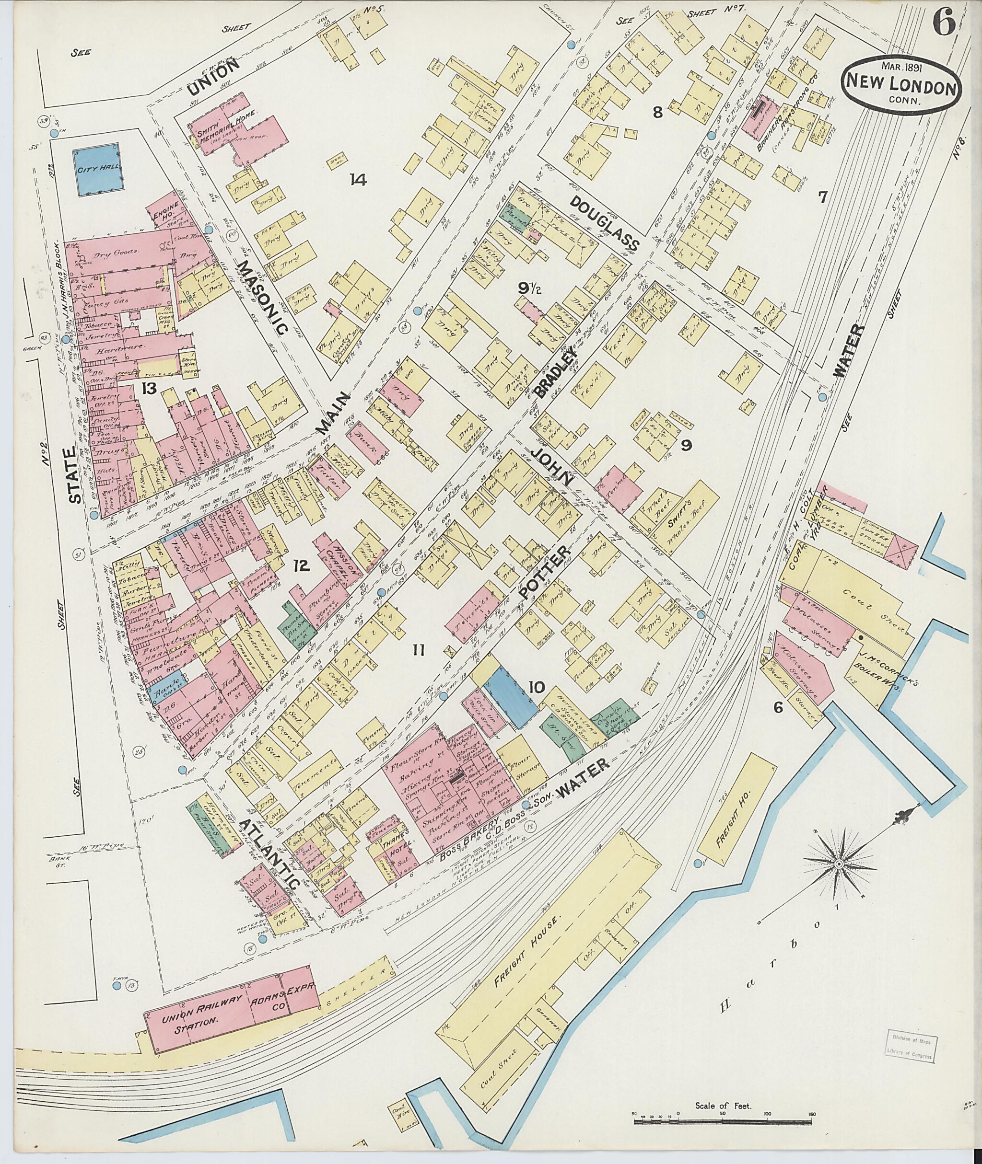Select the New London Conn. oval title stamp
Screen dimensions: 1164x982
point(902,88)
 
